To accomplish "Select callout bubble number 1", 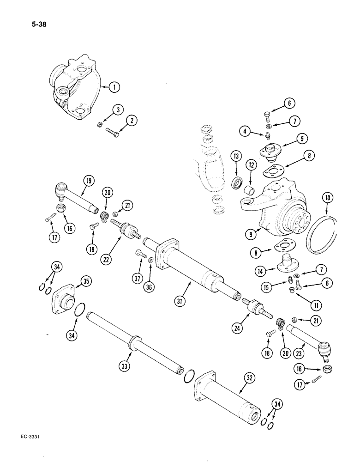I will point(114,86).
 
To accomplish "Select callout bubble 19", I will point(87,181).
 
